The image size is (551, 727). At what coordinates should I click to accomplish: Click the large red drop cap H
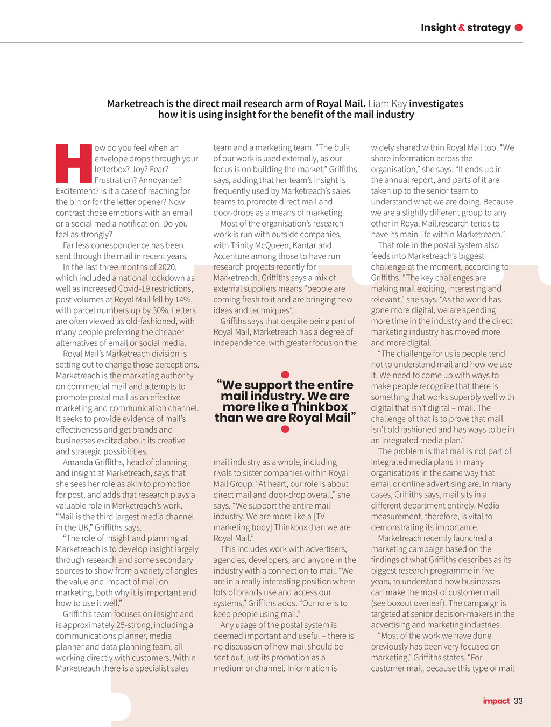click(74, 163)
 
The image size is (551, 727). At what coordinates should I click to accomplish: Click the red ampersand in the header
click(461, 27)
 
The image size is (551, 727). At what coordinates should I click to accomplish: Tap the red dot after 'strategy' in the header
click(519, 27)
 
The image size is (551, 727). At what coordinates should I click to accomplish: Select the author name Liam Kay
click(387, 103)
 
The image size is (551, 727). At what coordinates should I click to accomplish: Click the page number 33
click(518, 701)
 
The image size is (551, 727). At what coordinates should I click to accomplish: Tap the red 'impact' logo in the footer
click(496, 701)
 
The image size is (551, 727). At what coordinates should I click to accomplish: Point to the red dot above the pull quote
click(285, 375)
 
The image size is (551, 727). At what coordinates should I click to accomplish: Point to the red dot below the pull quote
click(285, 429)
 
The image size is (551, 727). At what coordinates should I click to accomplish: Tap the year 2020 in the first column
click(166, 267)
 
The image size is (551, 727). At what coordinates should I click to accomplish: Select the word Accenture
click(231, 256)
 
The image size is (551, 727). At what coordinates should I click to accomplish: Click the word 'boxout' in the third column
click(399, 603)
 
